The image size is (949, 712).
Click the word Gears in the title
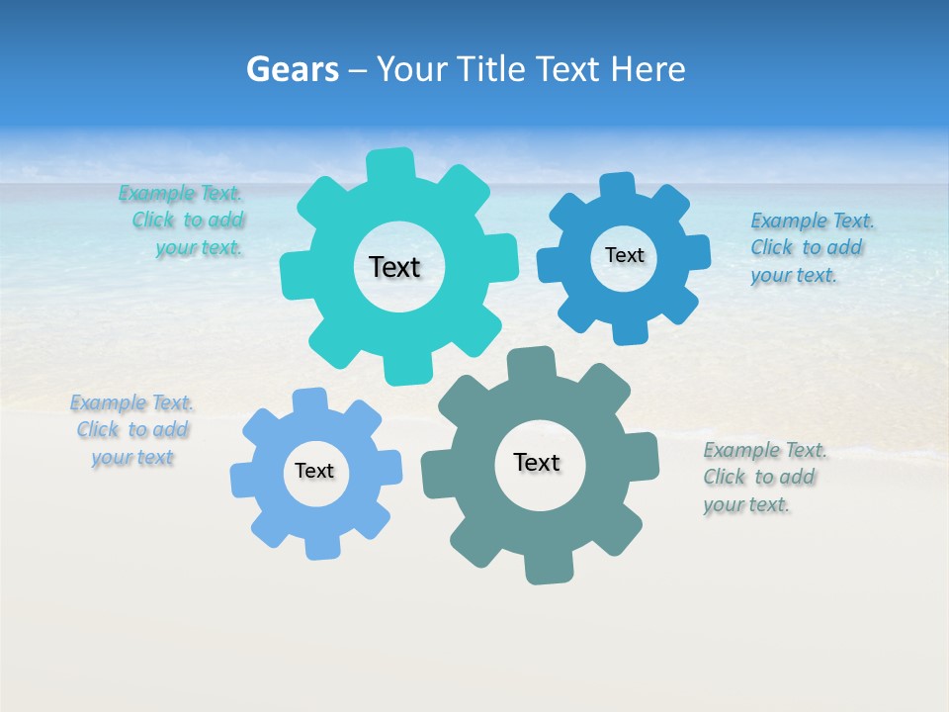[292, 69]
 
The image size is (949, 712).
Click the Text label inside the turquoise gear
[394, 267]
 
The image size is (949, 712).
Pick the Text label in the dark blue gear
[625, 255]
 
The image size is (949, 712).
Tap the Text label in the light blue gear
[314, 472]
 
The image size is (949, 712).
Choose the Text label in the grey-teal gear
[537, 463]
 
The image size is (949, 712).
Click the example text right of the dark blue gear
[811, 247]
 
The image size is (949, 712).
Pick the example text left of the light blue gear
[131, 430]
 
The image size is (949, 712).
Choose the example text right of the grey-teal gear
[763, 478]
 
